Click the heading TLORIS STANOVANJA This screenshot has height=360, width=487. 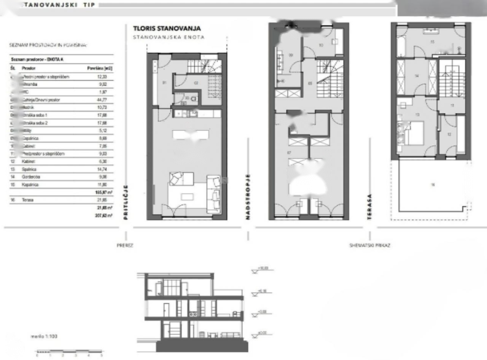click(x=167, y=29)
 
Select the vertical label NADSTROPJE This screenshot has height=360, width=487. click(x=248, y=197)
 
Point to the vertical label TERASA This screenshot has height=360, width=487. click(x=369, y=207)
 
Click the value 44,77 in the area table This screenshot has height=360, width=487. click(x=100, y=100)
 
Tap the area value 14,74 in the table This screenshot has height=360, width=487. click(x=100, y=169)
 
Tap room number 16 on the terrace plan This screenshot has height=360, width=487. click(x=432, y=185)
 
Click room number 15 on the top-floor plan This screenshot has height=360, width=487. click(x=432, y=42)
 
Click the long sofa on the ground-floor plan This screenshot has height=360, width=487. click(x=213, y=194)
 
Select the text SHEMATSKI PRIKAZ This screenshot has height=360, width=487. click(x=369, y=245)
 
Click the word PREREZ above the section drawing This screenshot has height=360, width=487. click(x=125, y=245)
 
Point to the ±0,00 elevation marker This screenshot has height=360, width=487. click(x=261, y=334)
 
